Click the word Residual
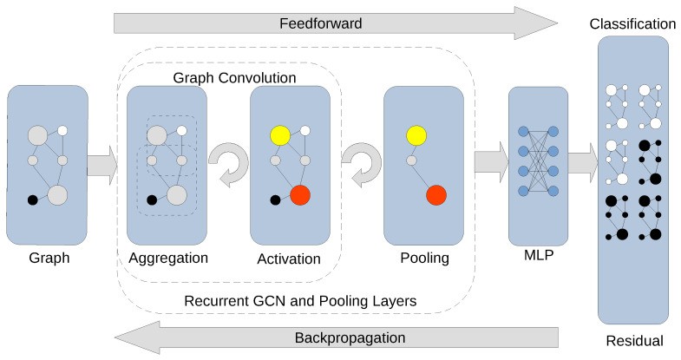(634, 341)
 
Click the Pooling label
(425, 258)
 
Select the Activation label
(289, 259)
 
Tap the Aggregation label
(168, 258)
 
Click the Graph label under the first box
(48, 258)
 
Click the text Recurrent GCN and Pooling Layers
(301, 300)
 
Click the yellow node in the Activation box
(279, 135)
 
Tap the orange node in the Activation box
(300, 195)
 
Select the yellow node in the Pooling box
(415, 135)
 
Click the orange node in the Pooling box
(435, 195)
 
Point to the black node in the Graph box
(33, 200)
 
